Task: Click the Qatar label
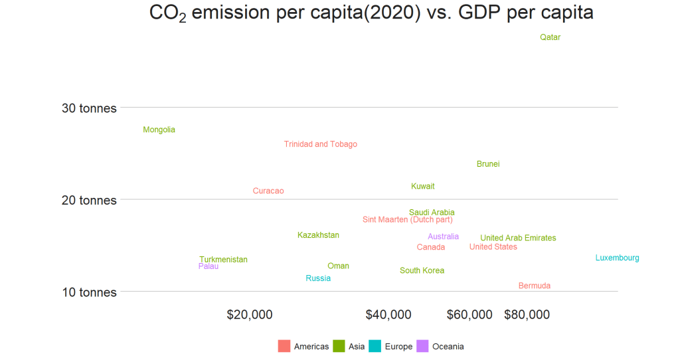(550, 38)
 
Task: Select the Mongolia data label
(159, 130)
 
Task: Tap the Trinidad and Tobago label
(320, 145)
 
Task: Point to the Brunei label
(487, 164)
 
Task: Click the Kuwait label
(422, 187)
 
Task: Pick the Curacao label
(268, 191)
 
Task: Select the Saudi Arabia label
(432, 213)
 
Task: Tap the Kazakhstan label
(318, 235)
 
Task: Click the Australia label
(443, 236)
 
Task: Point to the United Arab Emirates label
(518, 238)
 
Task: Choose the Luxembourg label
(617, 258)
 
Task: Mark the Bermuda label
(534, 286)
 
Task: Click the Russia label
(318, 278)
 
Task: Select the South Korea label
(422, 271)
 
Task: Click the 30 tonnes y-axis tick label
(89, 108)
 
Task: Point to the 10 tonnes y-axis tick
(89, 292)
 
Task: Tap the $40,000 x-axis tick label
(388, 315)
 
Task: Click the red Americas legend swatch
(284, 346)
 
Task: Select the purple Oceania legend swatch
(422, 346)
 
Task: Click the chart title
(371, 13)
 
